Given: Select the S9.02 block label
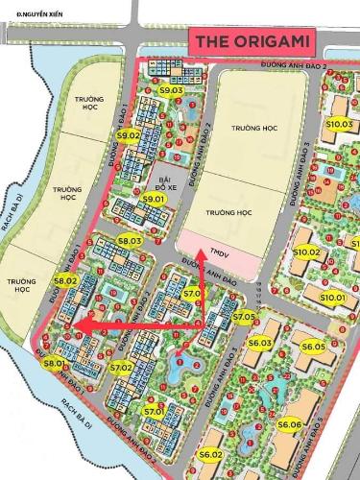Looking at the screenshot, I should click(128, 136).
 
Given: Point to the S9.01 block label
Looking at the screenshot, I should click(154, 199).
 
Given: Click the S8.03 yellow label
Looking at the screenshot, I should click(130, 240).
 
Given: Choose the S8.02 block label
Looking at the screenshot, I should click(65, 280).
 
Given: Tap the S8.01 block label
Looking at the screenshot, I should click(53, 363).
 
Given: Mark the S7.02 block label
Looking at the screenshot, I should click(121, 367).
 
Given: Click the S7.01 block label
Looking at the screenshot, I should click(154, 411).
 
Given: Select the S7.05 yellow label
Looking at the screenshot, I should click(244, 316).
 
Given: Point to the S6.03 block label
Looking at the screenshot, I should click(260, 343).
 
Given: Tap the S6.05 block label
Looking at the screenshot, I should click(313, 347).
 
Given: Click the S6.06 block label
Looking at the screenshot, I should click(290, 423).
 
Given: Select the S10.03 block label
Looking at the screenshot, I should click(339, 124).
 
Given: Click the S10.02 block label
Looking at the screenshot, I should click(308, 252).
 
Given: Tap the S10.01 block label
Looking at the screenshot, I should click(333, 299).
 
